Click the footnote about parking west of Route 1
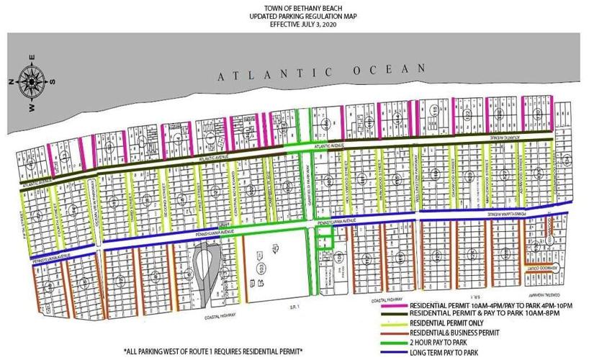[212, 352]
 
